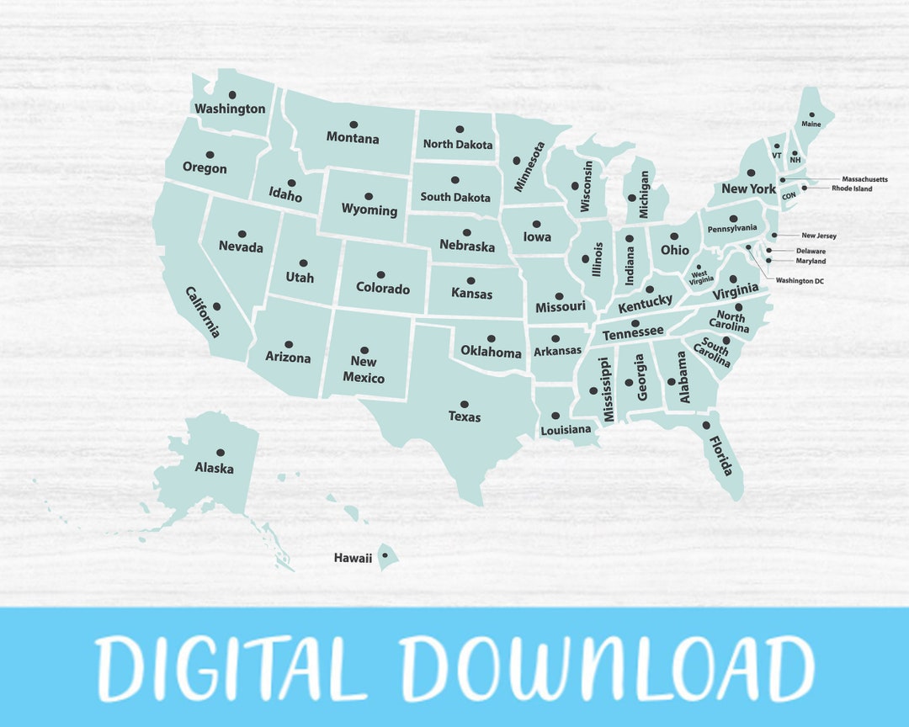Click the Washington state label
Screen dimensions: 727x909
pyautogui.click(x=230, y=109)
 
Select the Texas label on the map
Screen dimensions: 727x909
pyautogui.click(x=465, y=417)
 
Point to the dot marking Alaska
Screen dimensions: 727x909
pyautogui.click(x=220, y=453)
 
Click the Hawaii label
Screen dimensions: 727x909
pyautogui.click(x=353, y=558)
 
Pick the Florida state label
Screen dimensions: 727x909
pyautogui.click(x=721, y=455)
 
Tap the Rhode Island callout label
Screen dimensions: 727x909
pyautogui.click(x=852, y=188)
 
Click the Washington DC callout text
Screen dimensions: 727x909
pyautogui.click(x=800, y=281)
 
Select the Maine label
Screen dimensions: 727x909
pyautogui.click(x=811, y=124)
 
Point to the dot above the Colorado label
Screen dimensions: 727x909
pyautogui.click(x=380, y=275)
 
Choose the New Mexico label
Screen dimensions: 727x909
pyautogui.click(x=364, y=370)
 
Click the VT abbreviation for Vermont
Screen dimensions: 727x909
pyautogui.click(x=777, y=156)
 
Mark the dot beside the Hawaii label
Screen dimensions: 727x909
pyautogui.click(x=385, y=555)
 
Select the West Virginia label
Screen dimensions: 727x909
pyautogui.click(x=699, y=278)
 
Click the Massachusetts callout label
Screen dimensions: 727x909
pyautogui.click(x=864, y=179)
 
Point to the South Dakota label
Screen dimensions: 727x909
pyautogui.click(x=455, y=198)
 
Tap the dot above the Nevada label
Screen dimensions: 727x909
pyautogui.click(x=242, y=234)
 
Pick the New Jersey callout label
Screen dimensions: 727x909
pyautogui.click(x=819, y=236)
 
